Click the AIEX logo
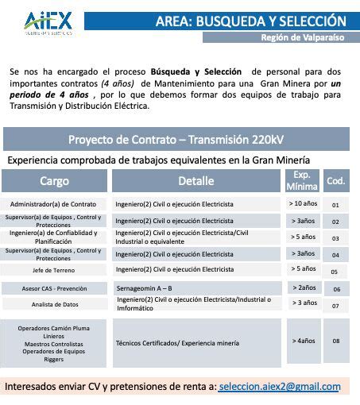pos(49,22)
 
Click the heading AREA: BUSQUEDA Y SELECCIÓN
pos(262,21)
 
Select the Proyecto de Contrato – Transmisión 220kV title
pos(175,140)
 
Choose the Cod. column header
pos(336,181)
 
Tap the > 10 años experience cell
pos(302,203)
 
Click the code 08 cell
pos(336,341)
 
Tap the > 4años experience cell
pos(302,341)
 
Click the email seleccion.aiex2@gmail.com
pos(279,387)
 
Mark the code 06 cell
pos(336,289)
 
